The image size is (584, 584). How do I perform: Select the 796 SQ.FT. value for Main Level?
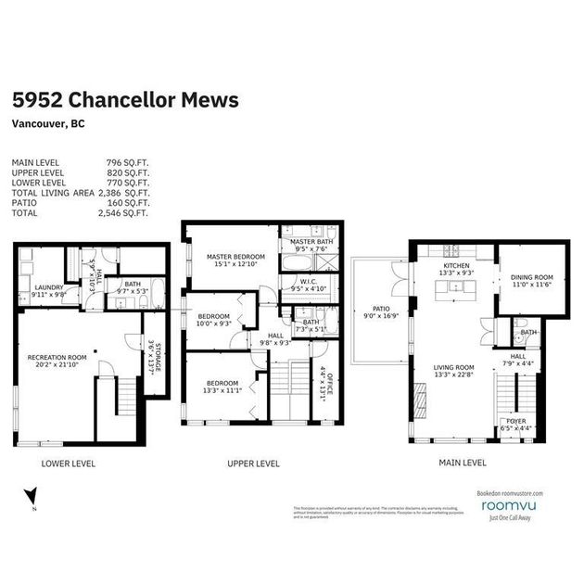(x=129, y=162)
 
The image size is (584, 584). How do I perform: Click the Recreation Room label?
(x=57, y=359)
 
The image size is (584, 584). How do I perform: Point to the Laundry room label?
(x=48, y=288)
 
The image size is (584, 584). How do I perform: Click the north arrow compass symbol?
(x=27, y=497)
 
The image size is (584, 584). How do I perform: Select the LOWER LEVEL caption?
(x=69, y=463)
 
